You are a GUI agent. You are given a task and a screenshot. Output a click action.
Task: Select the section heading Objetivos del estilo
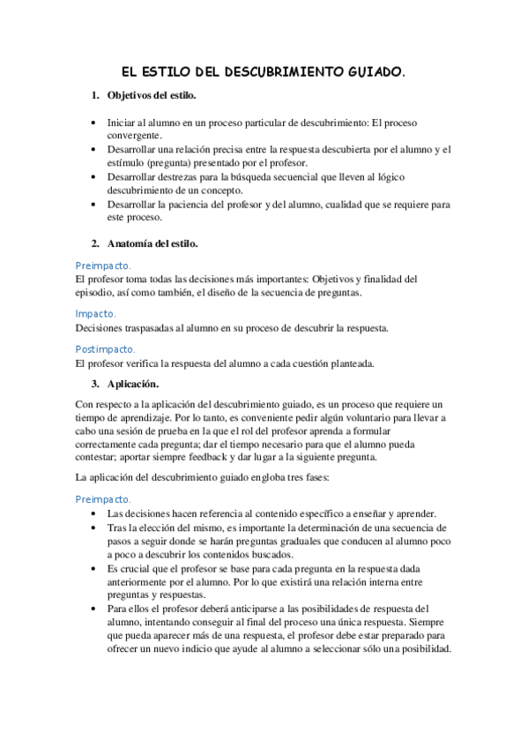pyautogui.click(x=152, y=95)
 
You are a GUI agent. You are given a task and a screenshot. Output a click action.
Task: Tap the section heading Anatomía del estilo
pyautogui.click(x=152, y=243)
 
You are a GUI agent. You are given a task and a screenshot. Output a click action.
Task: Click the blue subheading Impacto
pyautogui.click(x=95, y=313)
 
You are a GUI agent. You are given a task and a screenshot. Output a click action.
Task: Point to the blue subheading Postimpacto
pyautogui.click(x=106, y=349)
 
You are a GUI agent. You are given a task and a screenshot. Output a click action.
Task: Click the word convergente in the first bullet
pyautogui.click(x=134, y=136)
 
